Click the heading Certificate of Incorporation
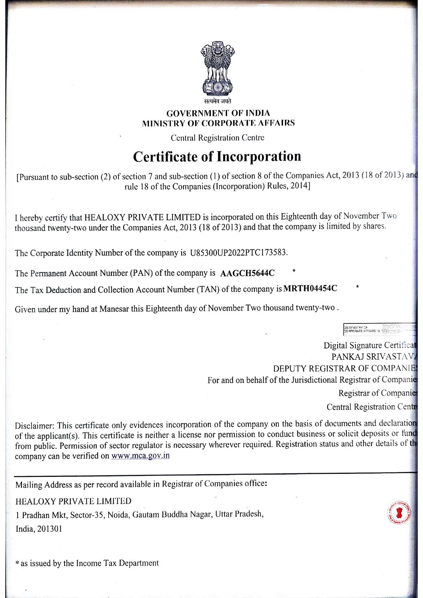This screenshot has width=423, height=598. tap(217, 156)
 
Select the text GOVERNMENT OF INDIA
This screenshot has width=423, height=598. tap(218, 113)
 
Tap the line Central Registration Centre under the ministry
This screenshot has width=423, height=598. tap(217, 138)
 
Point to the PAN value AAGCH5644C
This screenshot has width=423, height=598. tap(247, 273)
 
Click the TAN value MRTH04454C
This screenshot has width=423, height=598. tap(310, 289)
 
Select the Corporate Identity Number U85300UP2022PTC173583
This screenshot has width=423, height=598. tap(239, 253)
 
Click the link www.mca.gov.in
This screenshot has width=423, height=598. tap(140, 455)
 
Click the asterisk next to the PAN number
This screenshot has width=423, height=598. tap(294, 271)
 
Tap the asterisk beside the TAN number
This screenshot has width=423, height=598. tap(357, 287)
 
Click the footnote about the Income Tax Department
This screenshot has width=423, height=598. tap(88, 563)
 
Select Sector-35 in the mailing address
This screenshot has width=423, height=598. tap(87, 515)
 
